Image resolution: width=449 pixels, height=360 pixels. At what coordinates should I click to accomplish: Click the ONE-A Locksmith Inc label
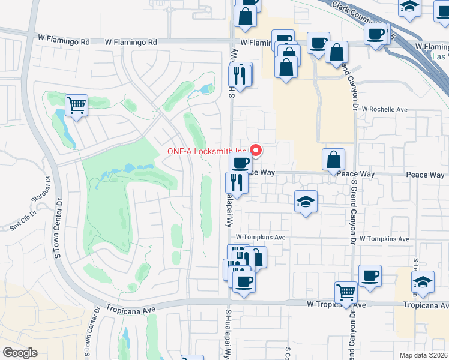206,151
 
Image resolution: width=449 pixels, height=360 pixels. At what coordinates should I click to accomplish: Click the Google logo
20,353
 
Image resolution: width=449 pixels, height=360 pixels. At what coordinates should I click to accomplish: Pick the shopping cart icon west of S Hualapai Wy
77,106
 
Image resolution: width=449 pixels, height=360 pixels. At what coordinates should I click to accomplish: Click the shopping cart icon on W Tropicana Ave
346,293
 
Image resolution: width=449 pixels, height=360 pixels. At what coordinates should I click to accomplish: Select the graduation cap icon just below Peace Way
306,202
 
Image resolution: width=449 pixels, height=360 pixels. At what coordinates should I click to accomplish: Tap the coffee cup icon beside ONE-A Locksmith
241,161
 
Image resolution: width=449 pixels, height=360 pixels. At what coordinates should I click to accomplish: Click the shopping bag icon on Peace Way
333,159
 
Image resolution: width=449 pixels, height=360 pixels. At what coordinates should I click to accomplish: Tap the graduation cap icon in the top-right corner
409,7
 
